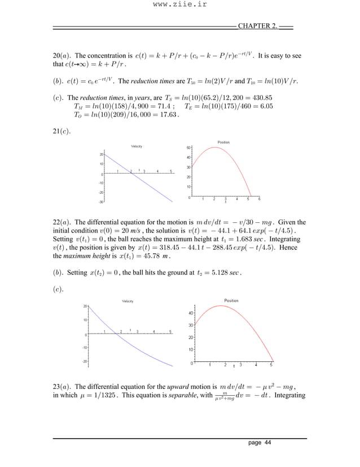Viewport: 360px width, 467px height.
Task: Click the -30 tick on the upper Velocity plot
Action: pyautogui.click(x=100, y=202)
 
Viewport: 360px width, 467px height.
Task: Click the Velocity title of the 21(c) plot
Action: pyautogui.click(x=136, y=146)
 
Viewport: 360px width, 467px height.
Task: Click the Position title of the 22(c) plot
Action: pyautogui.click(x=231, y=301)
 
